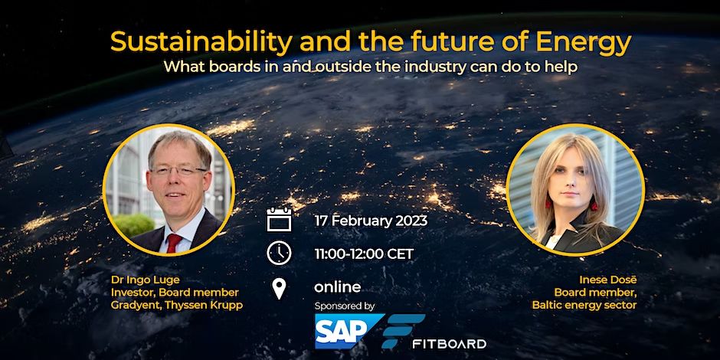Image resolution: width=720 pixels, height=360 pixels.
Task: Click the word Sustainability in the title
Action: pyautogui.click(x=201, y=43)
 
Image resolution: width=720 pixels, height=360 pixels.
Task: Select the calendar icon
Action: pyautogui.click(x=279, y=220)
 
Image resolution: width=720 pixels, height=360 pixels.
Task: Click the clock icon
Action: pyautogui.click(x=279, y=254)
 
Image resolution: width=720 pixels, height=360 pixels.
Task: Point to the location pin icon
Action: pyautogui.click(x=279, y=289)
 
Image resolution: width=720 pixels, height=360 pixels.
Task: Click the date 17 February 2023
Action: pyautogui.click(x=371, y=221)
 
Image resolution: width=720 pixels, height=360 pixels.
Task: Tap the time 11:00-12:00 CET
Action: pyautogui.click(x=364, y=254)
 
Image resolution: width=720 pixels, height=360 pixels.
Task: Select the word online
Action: pyautogui.click(x=338, y=287)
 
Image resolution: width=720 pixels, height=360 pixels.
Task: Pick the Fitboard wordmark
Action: pyautogui.click(x=449, y=343)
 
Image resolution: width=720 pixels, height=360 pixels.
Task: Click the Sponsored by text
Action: pyautogui.click(x=345, y=306)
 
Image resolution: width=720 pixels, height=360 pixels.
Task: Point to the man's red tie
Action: pyautogui.click(x=174, y=243)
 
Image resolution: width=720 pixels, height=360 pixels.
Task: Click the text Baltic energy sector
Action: pyautogui.click(x=584, y=306)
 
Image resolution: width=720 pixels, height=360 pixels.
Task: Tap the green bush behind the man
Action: pyautogui.click(x=133, y=225)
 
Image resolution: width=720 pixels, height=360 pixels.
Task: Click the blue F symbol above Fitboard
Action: pyautogui.click(x=403, y=331)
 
